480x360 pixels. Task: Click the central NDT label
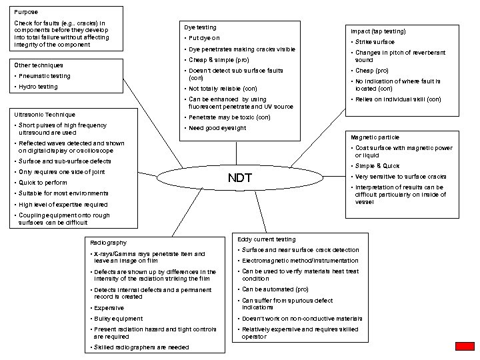240,178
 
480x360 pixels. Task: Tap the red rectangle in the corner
465,346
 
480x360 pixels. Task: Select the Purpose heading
26,12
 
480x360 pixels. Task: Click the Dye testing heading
200,27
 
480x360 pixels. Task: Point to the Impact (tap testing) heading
378,31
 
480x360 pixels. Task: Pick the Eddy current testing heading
267,239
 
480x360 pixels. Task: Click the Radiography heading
108,243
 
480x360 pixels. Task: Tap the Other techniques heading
39,65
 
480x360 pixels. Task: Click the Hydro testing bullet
38,87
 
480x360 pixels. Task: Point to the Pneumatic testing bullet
44,76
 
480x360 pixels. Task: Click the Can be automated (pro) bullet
275,290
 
